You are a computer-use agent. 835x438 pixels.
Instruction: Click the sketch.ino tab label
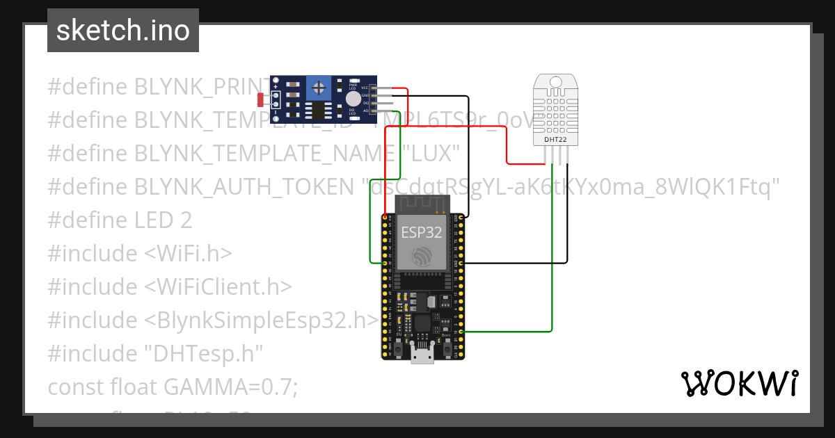[122, 31]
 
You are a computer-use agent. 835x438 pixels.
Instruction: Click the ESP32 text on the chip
[421, 232]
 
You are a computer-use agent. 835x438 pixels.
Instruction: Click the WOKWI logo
[739, 383]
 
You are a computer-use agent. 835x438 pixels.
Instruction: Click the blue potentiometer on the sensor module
[319, 88]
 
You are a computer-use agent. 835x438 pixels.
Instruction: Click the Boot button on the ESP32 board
[445, 339]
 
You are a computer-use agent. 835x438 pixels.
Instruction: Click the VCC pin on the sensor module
[374, 88]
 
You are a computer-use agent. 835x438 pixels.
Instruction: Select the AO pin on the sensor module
[374, 111]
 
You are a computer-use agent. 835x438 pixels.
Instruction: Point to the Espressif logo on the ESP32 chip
[420, 257]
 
